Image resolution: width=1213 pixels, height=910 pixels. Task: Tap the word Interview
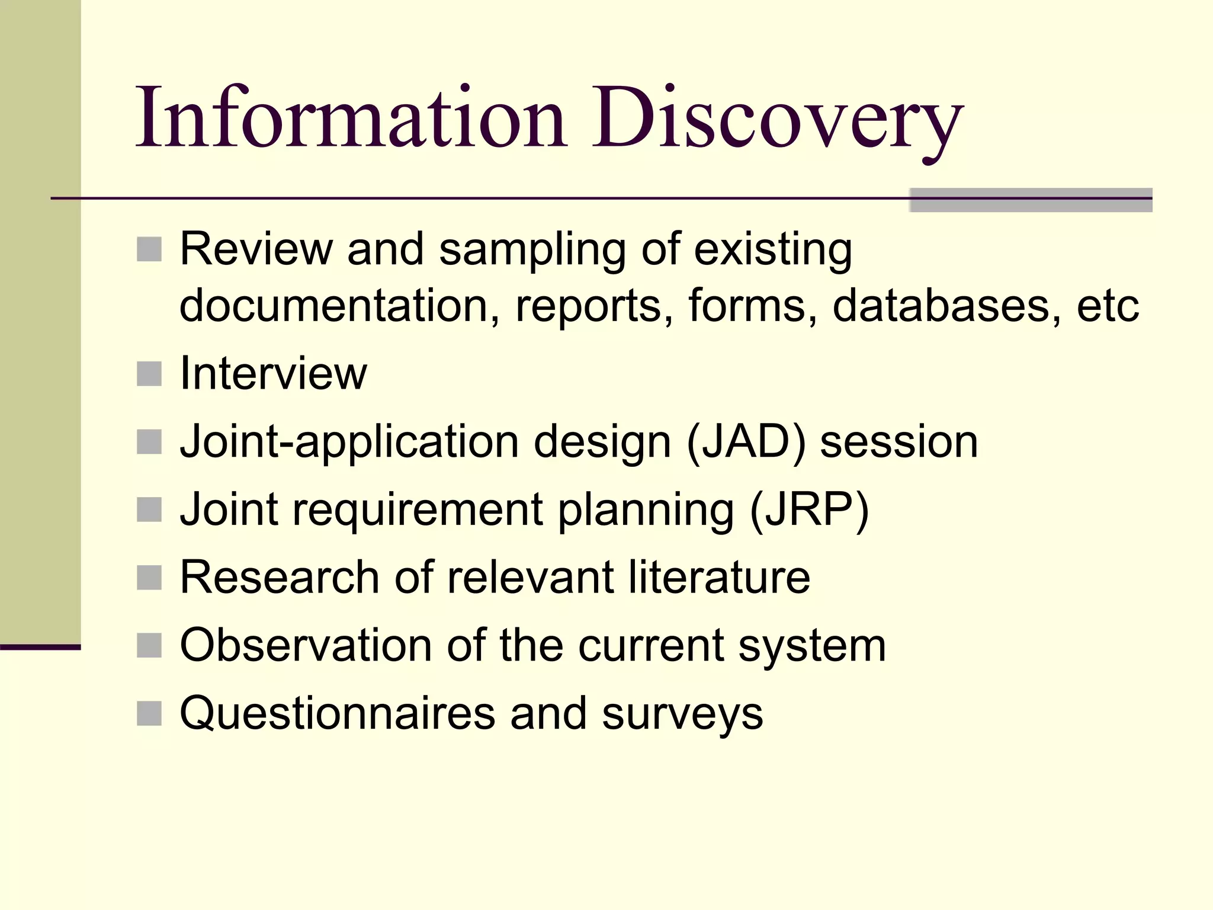coord(273,374)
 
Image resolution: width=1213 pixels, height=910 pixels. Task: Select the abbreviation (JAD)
coord(746,442)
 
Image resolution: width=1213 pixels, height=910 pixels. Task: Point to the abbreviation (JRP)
coord(809,510)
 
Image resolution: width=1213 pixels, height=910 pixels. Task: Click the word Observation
coord(306,645)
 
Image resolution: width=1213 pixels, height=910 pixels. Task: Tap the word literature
coord(719,577)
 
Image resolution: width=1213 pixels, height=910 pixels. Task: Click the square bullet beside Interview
coord(149,374)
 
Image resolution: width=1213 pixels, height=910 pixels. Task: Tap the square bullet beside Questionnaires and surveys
coord(149,713)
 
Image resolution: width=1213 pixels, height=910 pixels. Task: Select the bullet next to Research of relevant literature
coord(149,578)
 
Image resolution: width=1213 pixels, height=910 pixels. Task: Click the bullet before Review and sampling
coord(149,249)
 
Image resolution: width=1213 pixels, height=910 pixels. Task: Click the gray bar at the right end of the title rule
coord(1031,200)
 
